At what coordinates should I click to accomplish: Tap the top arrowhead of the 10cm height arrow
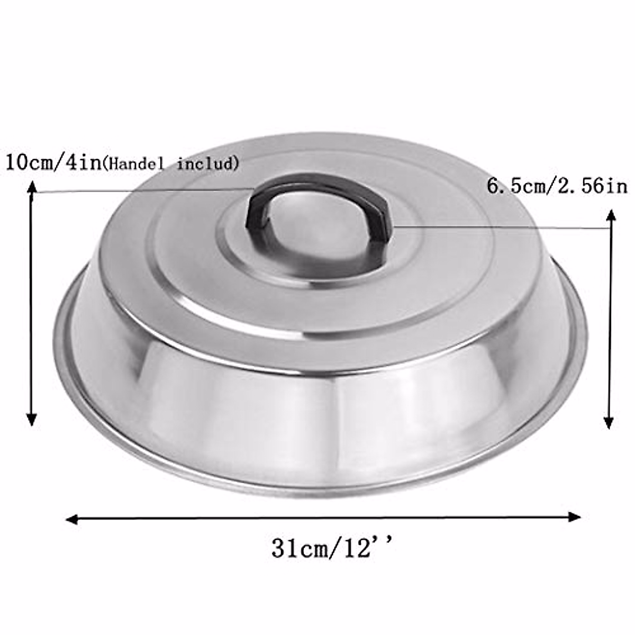pos(32,187)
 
